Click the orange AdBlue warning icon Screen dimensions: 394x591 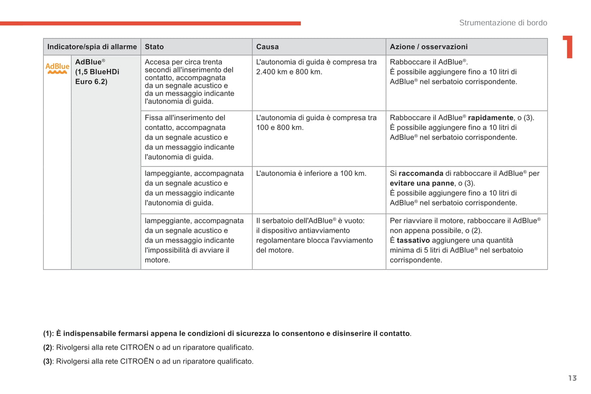[x=57, y=68]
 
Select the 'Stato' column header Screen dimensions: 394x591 [x=154, y=47]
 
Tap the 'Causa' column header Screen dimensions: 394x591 [x=267, y=47]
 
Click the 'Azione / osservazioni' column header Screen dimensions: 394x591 [x=429, y=47]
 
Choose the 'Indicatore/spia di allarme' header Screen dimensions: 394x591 [x=92, y=47]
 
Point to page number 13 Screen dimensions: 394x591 [x=572, y=378]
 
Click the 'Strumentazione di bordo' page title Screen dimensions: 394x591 [x=503, y=23]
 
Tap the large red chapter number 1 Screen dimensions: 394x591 [x=568, y=47]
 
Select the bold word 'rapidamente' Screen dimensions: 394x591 [x=490, y=118]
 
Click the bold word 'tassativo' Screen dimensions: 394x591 [x=413, y=240]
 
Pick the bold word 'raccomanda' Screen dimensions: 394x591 [x=421, y=173]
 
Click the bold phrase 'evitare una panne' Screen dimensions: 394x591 [x=422, y=183]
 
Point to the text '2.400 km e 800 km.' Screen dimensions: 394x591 [x=289, y=72]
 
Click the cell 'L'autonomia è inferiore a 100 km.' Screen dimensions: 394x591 [x=311, y=173]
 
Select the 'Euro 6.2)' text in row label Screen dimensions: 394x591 [x=91, y=82]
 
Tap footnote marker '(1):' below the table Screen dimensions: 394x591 [x=48, y=334]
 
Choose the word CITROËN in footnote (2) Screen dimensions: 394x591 [x=137, y=347]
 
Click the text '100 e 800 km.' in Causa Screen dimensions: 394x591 [x=280, y=128]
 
